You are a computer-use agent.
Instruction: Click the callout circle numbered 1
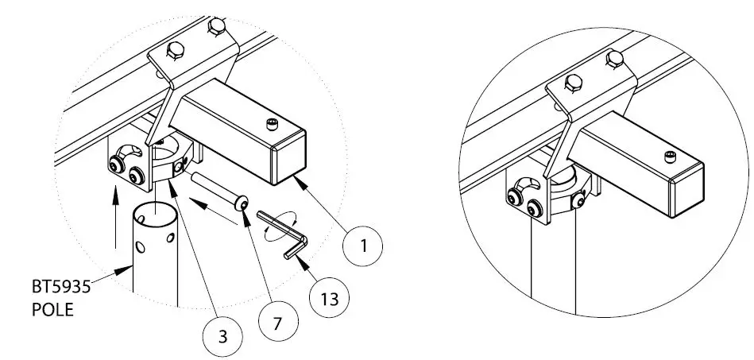[x=363, y=245]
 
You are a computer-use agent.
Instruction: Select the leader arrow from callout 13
[x=306, y=263]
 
